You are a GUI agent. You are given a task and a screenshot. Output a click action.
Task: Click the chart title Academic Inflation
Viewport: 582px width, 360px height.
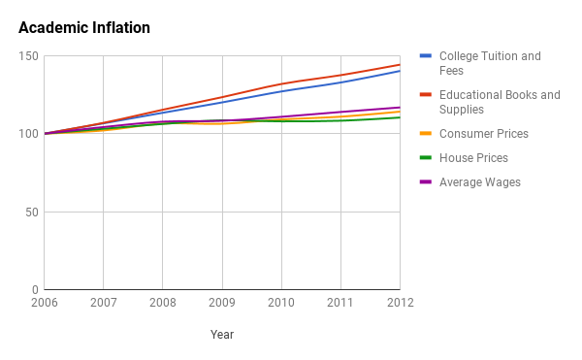point(84,28)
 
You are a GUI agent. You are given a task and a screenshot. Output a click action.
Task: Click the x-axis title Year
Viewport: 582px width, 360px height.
point(222,335)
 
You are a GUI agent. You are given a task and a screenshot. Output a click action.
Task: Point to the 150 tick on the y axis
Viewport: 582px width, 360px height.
point(28,56)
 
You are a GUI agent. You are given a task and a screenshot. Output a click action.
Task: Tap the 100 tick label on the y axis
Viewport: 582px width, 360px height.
point(28,134)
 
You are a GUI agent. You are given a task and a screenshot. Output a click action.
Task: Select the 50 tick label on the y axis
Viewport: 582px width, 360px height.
point(31,212)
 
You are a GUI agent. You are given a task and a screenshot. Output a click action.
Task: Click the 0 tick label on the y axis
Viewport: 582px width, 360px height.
point(34,289)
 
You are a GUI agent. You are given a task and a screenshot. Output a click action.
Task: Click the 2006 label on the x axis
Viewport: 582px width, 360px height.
point(45,303)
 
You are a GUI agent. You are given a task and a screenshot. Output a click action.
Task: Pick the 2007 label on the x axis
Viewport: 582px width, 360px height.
point(104,303)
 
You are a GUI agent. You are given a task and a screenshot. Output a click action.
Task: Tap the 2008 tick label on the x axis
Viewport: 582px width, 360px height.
point(163,303)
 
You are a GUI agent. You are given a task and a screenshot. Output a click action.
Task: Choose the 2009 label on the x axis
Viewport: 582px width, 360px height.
point(222,303)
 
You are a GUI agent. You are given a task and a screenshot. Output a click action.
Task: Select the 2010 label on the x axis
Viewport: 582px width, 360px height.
point(281,303)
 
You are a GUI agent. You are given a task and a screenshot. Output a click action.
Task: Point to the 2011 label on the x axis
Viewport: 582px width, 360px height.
point(340,303)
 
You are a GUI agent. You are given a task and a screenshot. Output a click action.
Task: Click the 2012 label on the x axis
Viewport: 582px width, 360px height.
point(400,303)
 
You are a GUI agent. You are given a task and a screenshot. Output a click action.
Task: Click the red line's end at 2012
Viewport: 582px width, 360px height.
point(400,65)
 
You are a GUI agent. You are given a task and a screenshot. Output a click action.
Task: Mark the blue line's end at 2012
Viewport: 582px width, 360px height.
point(400,71)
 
